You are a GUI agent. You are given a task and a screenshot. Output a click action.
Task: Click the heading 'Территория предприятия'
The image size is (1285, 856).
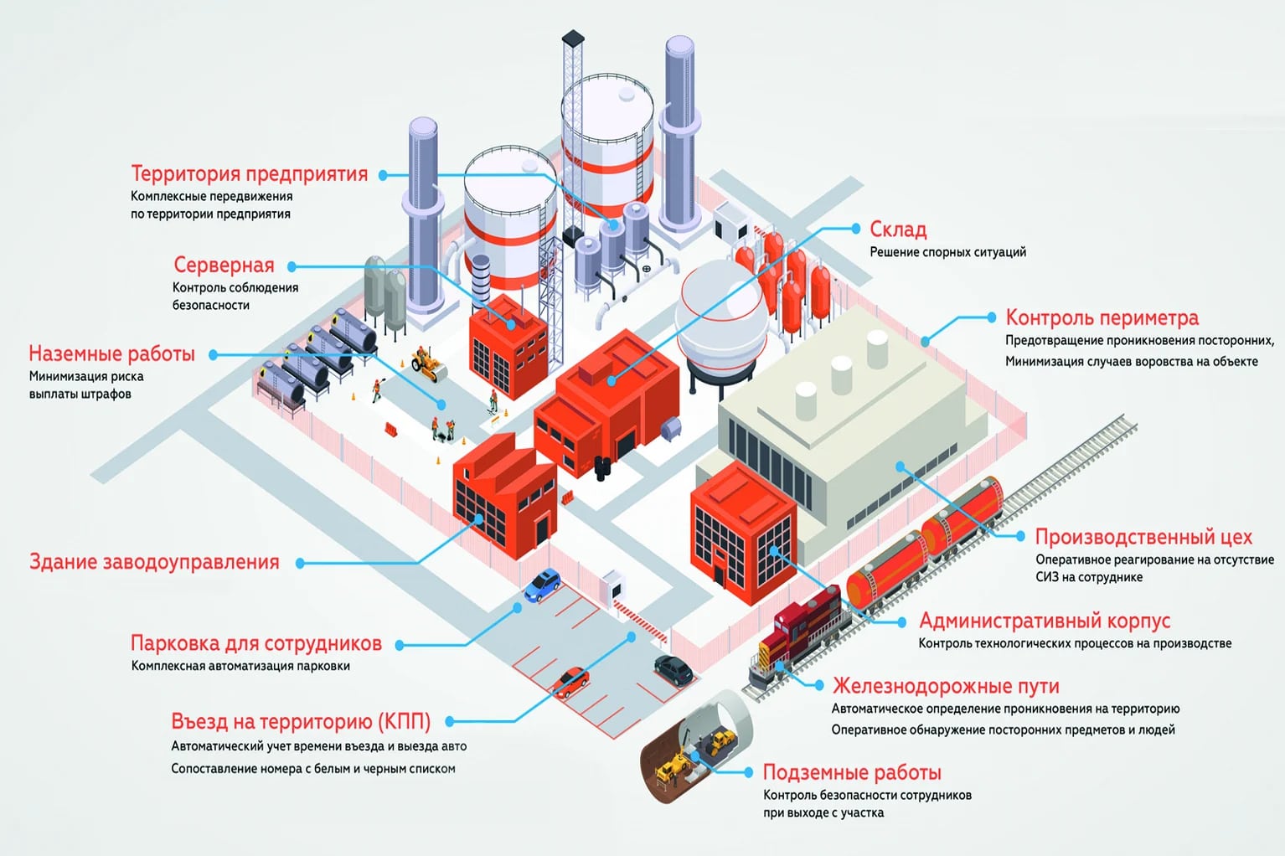coord(249,173)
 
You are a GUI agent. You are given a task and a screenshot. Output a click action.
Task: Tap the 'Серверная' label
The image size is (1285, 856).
coord(224,265)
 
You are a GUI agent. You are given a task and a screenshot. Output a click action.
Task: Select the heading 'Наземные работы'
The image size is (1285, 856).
coord(111,353)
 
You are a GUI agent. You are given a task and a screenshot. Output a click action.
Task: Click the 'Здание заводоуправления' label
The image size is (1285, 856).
coord(154,562)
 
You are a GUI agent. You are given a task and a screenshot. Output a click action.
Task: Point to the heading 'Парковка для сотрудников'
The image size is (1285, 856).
coord(255,643)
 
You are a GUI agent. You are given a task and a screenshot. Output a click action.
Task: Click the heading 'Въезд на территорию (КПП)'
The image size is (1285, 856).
coord(301,721)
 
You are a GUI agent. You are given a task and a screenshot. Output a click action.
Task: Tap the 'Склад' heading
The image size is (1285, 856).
coord(898,229)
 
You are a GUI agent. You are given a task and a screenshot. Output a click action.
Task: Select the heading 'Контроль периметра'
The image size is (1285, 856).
coord(1102,317)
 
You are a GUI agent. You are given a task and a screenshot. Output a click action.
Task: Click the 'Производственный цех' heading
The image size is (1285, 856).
coord(1143,536)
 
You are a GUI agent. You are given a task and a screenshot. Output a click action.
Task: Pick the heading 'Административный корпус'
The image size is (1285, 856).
coord(1045,621)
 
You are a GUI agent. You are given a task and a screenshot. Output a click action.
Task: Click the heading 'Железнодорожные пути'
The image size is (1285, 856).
coord(946,686)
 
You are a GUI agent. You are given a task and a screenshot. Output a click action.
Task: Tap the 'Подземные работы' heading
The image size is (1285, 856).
coord(852,772)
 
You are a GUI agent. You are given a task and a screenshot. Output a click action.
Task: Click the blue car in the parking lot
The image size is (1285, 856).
coord(543,584)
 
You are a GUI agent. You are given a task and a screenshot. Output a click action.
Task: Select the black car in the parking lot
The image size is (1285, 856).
coord(673,669)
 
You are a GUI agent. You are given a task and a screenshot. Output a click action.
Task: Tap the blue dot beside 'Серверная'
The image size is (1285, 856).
coord(292,266)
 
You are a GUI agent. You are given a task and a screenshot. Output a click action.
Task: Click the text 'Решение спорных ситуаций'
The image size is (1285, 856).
coord(947,252)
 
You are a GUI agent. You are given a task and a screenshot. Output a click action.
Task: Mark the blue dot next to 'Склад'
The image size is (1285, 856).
coord(855,228)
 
